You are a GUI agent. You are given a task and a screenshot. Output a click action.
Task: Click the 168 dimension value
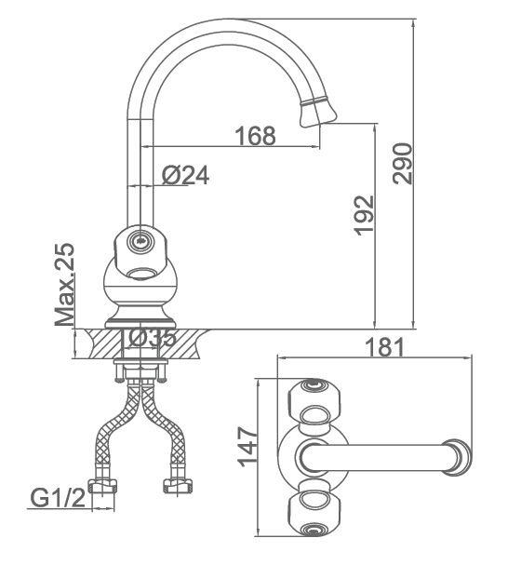[255, 136]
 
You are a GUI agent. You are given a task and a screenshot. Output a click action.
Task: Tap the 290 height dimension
[402, 164]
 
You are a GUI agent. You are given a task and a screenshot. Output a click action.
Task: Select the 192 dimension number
[365, 215]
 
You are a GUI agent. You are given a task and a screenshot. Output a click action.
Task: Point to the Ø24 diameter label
[185, 176]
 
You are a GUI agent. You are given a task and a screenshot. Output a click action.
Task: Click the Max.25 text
[65, 285]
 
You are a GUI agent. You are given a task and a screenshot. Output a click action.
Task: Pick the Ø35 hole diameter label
[152, 339]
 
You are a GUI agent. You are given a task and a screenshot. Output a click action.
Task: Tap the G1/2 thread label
[58, 498]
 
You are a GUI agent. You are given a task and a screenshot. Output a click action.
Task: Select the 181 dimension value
[384, 346]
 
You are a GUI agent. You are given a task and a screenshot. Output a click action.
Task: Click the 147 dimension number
[249, 447]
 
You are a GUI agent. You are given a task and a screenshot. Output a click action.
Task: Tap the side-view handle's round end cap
[140, 241]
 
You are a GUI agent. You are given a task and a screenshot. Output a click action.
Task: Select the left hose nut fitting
[103, 487]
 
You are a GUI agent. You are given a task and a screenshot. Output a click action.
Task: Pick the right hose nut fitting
[177, 487]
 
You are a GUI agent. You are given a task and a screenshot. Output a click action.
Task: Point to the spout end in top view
[457, 457]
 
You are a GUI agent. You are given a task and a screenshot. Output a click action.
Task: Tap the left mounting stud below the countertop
[119, 371]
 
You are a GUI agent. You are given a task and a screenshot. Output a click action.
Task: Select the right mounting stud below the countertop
[162, 371]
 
